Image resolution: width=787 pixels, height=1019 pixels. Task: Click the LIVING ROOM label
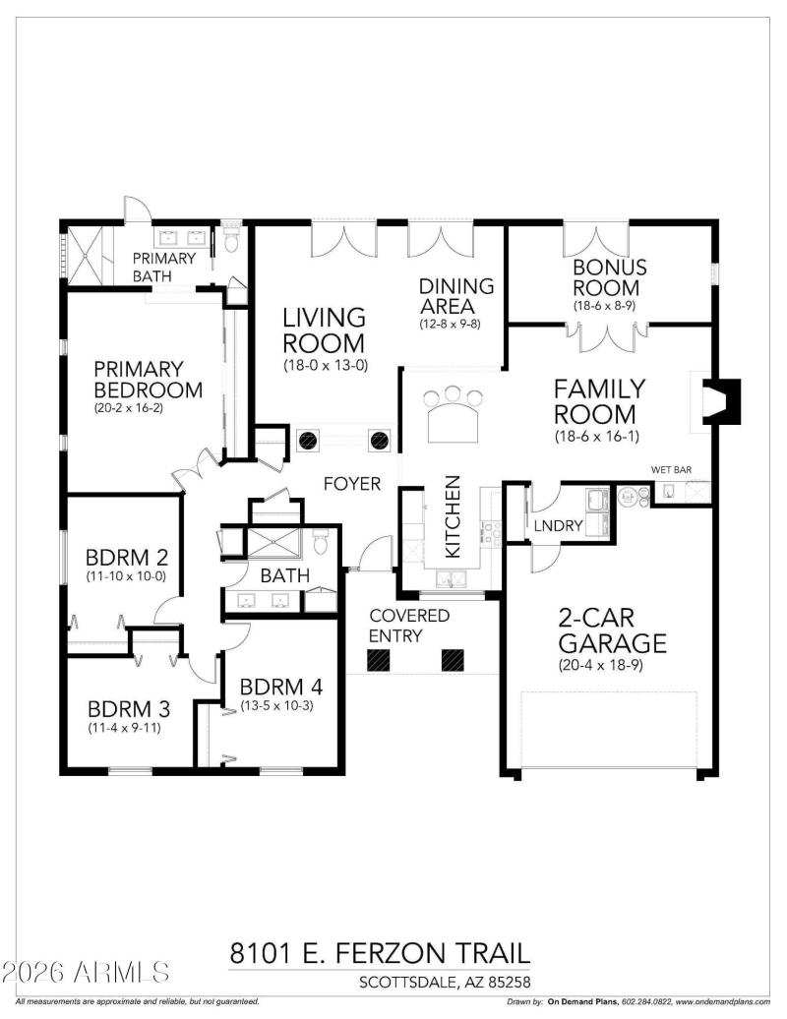pyautogui.click(x=324, y=330)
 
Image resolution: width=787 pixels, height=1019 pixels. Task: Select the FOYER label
pyautogui.click(x=353, y=484)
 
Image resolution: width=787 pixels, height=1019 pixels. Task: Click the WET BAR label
pyautogui.click(x=672, y=469)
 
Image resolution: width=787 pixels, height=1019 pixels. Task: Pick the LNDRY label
pyautogui.click(x=560, y=526)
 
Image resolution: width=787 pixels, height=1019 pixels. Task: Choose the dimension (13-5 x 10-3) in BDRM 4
pyautogui.click(x=280, y=705)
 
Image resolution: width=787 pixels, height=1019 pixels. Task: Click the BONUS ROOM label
pyautogui.click(x=610, y=277)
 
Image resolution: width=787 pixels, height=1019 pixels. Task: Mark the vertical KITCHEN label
pyautogui.click(x=453, y=517)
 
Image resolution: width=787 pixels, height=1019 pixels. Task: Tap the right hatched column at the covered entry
pyautogui.click(x=454, y=661)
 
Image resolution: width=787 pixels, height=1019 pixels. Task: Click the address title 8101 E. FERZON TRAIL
pyautogui.click(x=380, y=953)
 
